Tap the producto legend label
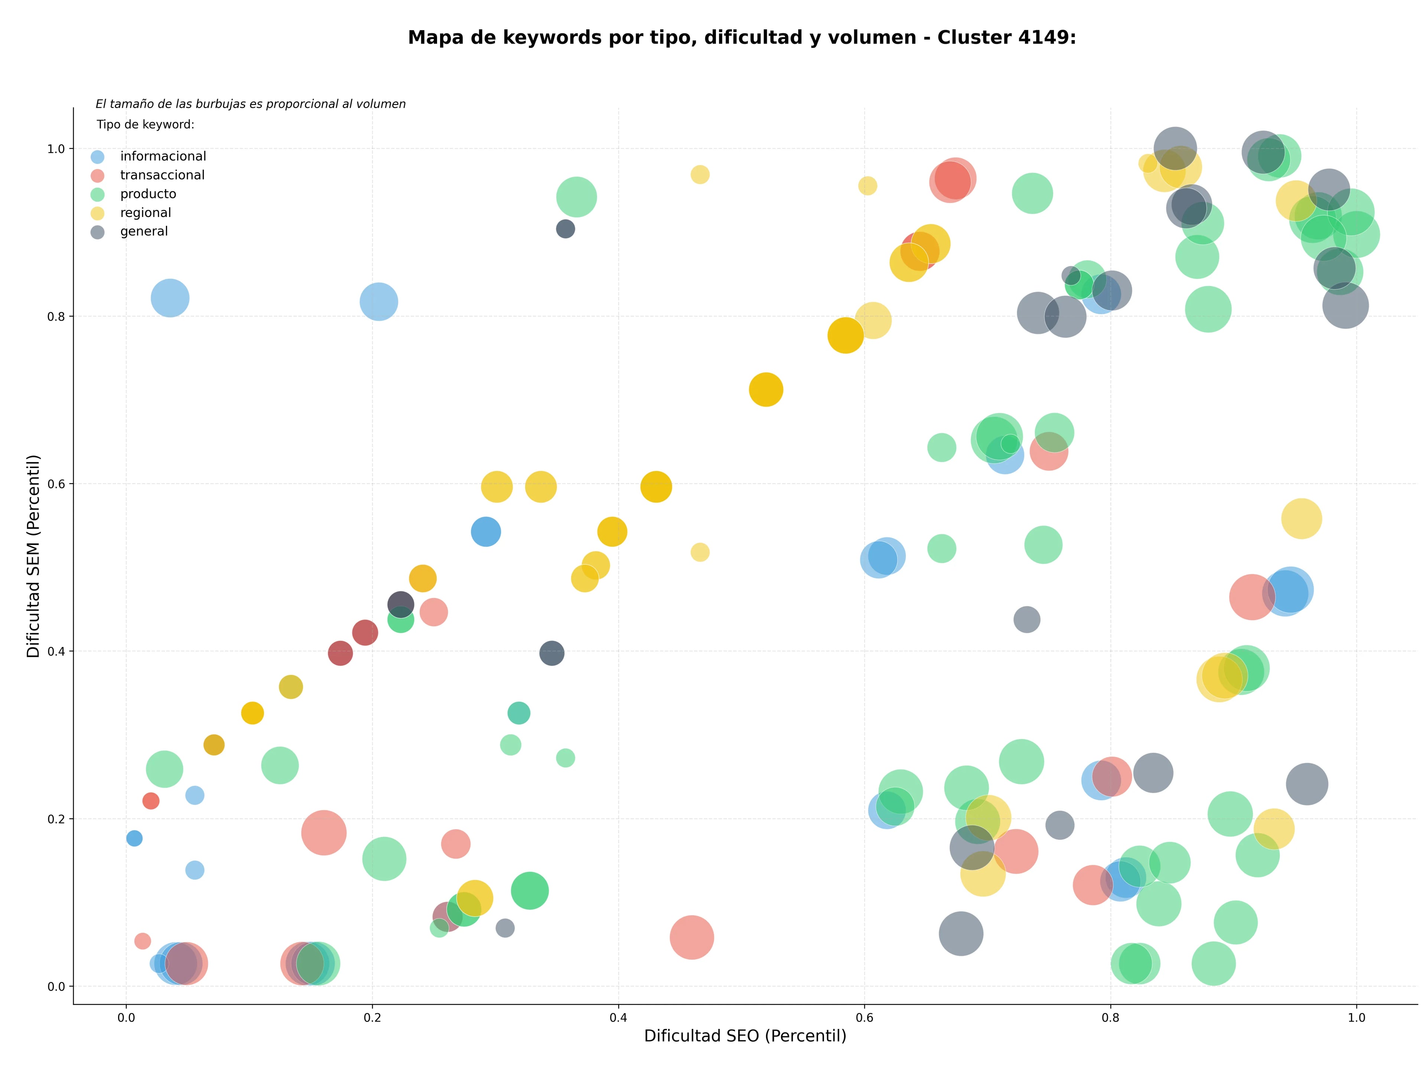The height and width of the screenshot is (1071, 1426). [148, 194]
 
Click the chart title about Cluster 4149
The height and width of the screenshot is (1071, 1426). [742, 38]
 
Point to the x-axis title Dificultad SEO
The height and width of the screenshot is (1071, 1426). [745, 1036]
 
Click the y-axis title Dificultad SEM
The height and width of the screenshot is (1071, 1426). [33, 556]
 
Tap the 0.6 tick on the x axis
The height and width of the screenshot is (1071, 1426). [865, 1018]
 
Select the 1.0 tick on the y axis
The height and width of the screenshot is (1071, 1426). [57, 149]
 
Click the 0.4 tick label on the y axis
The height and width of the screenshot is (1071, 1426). [57, 651]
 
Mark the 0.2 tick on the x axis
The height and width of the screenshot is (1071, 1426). [372, 1018]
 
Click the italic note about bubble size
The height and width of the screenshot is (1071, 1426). [251, 104]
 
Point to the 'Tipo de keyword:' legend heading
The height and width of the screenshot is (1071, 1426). [146, 124]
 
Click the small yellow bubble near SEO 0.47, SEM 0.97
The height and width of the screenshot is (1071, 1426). [700, 175]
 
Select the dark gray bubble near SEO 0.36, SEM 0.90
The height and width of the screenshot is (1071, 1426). [565, 229]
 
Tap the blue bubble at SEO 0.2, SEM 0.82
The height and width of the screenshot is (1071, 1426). [378, 302]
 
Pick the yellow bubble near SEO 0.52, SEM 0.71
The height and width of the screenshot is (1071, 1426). [766, 389]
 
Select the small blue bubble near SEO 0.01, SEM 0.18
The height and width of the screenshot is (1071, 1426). [134, 838]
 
